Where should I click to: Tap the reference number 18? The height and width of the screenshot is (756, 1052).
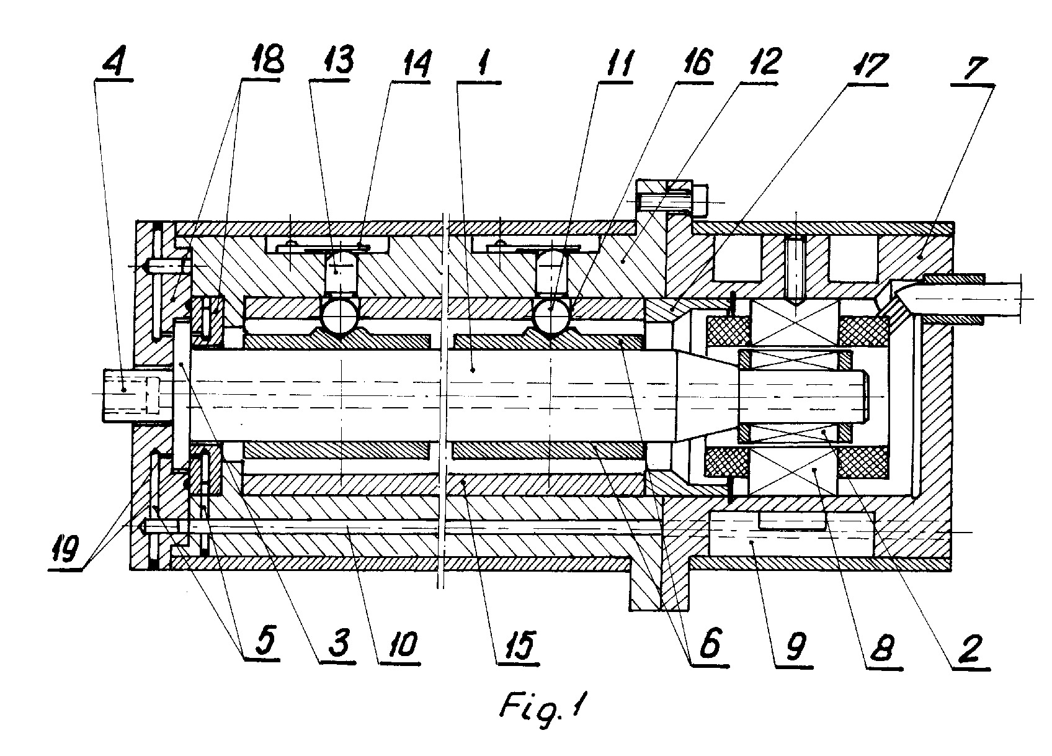click(264, 59)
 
